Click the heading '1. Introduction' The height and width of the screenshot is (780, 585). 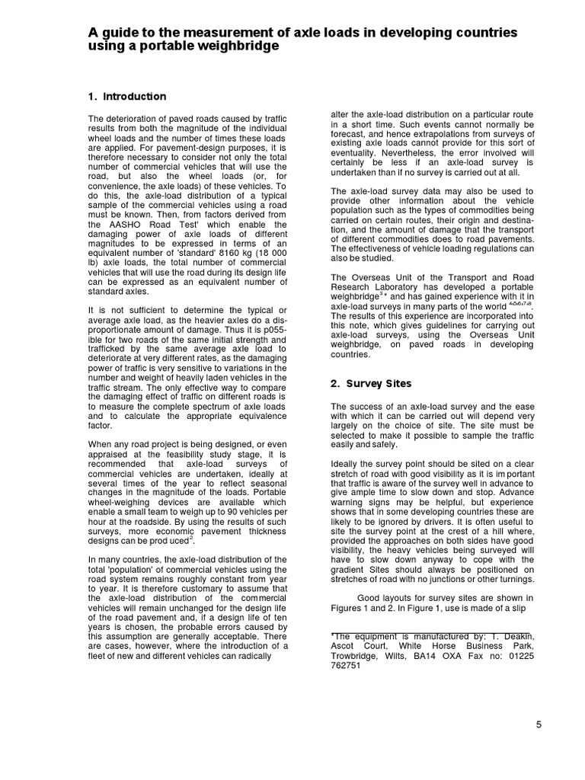(x=127, y=97)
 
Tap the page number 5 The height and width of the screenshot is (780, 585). (x=539, y=725)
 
